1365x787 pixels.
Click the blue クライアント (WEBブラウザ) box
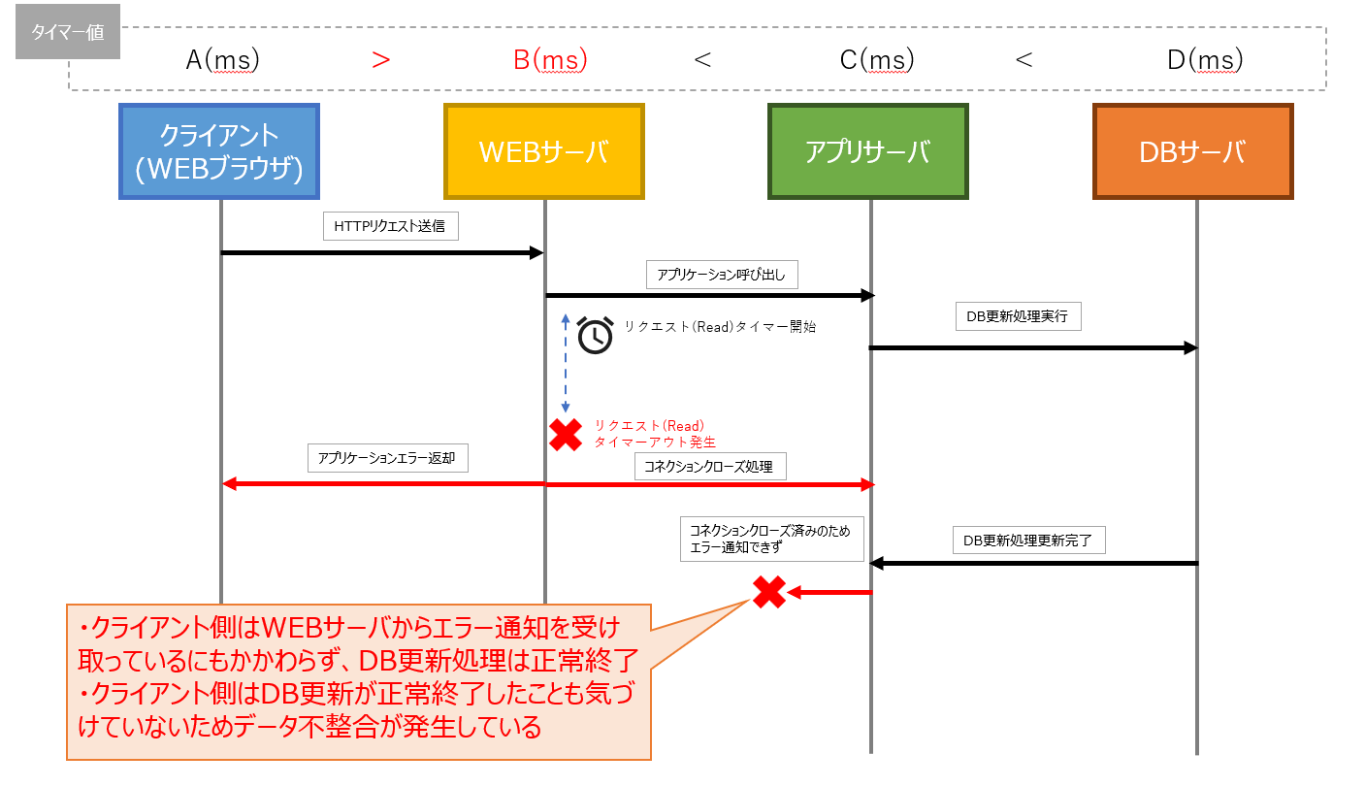pyautogui.click(x=219, y=151)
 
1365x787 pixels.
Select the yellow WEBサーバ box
pyautogui.click(x=544, y=151)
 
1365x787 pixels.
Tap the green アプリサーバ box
pyautogui.click(x=868, y=151)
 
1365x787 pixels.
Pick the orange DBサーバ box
pyautogui.click(x=1193, y=151)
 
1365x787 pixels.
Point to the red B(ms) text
pyautogui.click(x=550, y=60)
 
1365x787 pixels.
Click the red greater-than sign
pyautogui.click(x=381, y=60)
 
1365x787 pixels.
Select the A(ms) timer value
pyautogui.click(x=223, y=60)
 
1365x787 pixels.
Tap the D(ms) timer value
pyautogui.click(x=1205, y=60)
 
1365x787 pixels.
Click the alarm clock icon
pyautogui.click(x=595, y=335)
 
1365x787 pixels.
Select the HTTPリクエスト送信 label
pyautogui.click(x=390, y=227)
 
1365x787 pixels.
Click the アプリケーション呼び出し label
pyautogui.click(x=722, y=276)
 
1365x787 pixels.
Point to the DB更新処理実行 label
pyautogui.click(x=1018, y=317)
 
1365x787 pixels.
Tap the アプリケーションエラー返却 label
pyautogui.click(x=387, y=458)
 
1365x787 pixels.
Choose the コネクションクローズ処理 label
pyautogui.click(x=709, y=467)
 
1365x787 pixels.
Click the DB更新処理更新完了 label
pyautogui.click(x=1028, y=541)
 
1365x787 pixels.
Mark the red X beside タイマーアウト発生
pyautogui.click(x=565, y=435)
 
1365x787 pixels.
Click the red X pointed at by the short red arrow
pyautogui.click(x=769, y=592)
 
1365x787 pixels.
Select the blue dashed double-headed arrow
pyautogui.click(x=565, y=364)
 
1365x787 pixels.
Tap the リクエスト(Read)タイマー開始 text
pyautogui.click(x=720, y=327)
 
